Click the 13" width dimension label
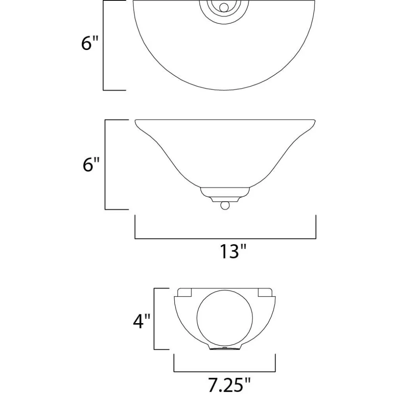pos(233,251)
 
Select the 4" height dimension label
pos(142,321)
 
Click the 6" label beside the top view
pos(90,43)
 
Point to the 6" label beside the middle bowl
pos(91,164)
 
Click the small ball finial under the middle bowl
pos(225,206)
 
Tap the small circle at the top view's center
pos(224,8)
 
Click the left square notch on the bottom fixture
pos(185,292)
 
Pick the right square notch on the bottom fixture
pos(265,292)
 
